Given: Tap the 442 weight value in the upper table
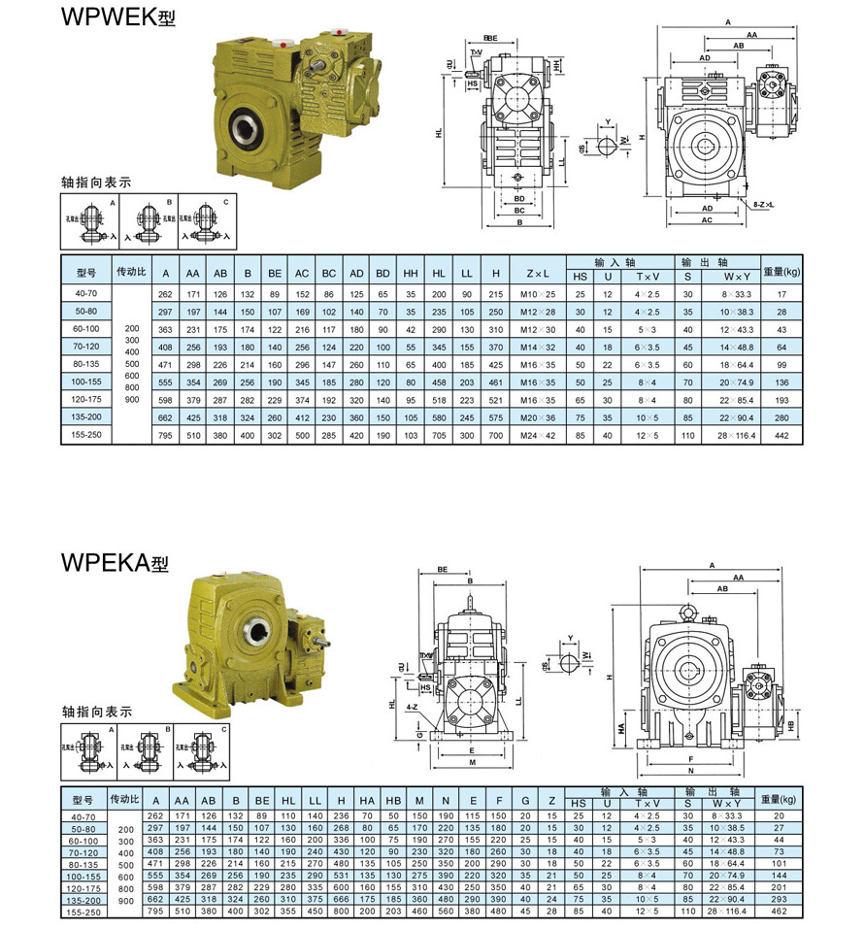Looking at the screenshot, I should pyautogui.click(x=780, y=435).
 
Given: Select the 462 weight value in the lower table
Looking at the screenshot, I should pyautogui.click(x=777, y=912).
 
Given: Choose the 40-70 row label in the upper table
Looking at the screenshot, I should pyautogui.click(x=84, y=293).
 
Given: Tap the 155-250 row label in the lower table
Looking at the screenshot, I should pyautogui.click(x=84, y=912).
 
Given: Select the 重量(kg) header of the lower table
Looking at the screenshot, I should pyautogui.click(x=779, y=798).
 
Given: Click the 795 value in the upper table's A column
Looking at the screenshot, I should pyautogui.click(x=165, y=435).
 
